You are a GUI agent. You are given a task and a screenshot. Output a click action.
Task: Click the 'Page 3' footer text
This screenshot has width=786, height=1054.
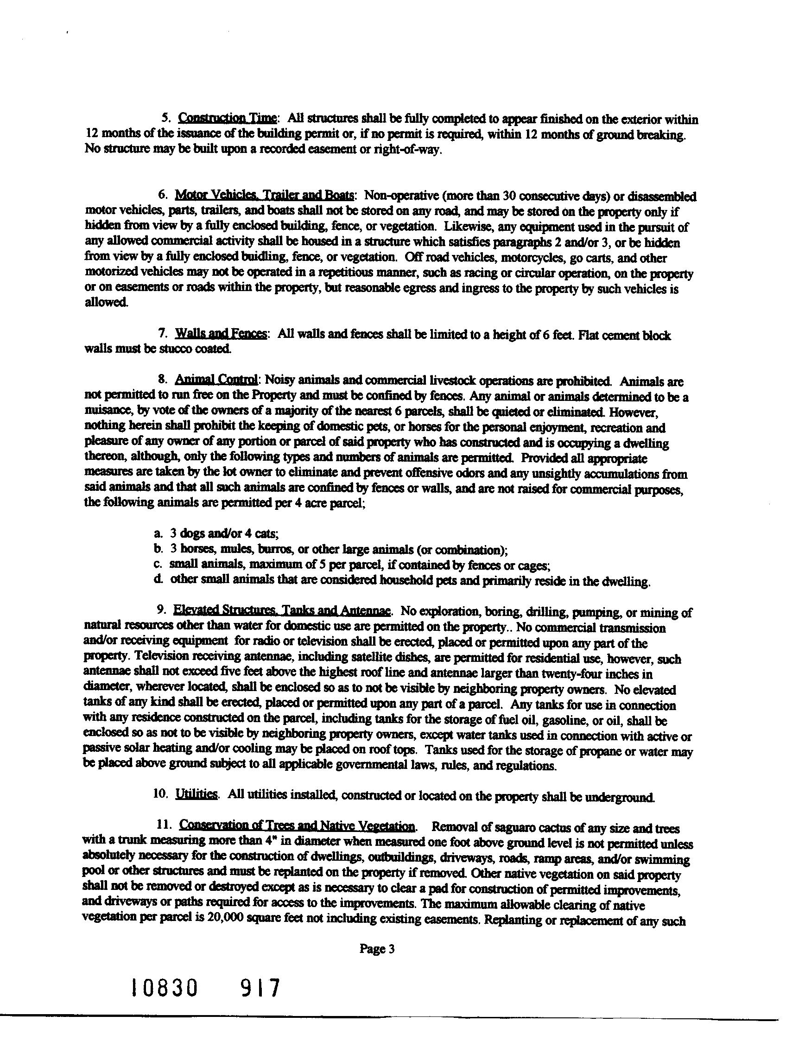[x=377, y=949]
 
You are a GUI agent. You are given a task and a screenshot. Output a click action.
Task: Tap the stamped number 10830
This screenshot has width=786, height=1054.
[x=164, y=988]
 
